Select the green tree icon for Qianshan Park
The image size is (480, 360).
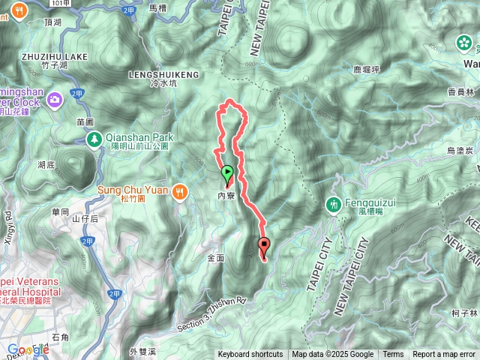94,139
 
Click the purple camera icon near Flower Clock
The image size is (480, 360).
55,99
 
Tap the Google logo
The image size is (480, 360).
28,349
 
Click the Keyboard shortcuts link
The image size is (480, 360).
250,355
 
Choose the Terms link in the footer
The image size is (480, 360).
393,355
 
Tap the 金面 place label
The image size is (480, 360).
216,257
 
